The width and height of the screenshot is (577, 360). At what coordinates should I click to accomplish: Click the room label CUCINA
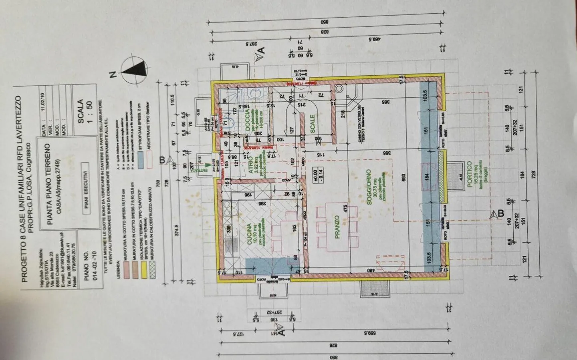point(249,235)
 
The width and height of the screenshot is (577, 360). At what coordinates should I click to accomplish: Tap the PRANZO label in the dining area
point(337,227)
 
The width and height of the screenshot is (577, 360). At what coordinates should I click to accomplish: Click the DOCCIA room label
point(248,120)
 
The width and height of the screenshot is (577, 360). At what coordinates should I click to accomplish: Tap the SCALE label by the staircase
point(313,124)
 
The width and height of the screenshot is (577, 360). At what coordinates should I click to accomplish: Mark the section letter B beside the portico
point(499,214)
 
